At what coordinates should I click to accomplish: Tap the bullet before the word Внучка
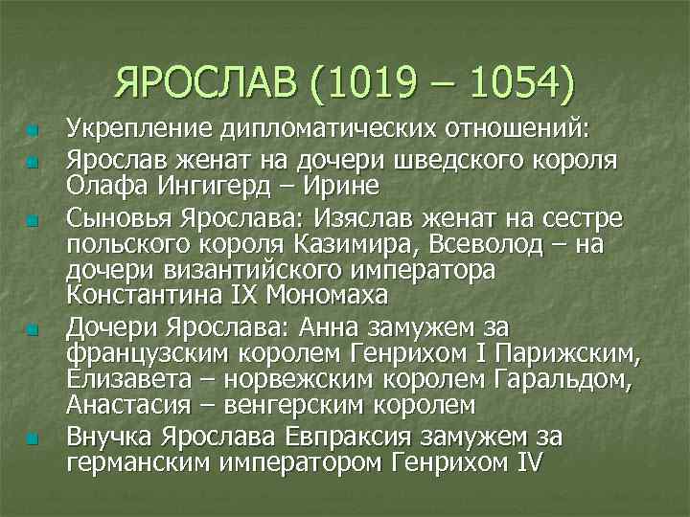32,440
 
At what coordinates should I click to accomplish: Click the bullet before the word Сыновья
32,222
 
